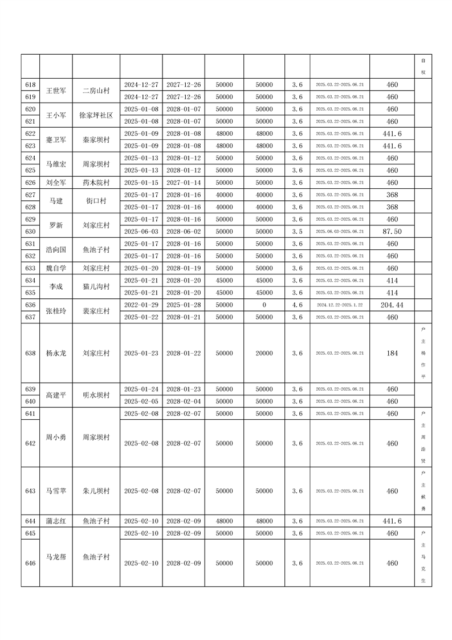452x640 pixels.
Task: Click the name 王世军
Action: point(56,91)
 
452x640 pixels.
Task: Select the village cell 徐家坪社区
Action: point(96,115)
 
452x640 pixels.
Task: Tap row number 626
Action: point(31,183)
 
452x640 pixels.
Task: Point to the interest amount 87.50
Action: point(392,232)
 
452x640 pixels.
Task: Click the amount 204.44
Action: point(392,305)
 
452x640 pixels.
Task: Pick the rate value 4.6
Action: point(297,305)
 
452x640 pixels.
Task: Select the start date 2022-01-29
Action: point(141,305)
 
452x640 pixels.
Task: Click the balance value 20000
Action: point(264,353)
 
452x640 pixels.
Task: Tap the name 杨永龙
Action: point(56,353)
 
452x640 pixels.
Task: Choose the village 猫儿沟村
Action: point(96,286)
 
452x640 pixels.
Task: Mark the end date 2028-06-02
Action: point(184,232)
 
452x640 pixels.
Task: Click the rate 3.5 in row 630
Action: point(297,232)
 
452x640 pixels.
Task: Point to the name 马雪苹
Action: point(56,491)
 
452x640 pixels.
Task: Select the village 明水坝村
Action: point(96,395)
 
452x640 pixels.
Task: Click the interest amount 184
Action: point(392,353)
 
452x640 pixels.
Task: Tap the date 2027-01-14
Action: point(184,183)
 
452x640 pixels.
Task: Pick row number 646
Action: point(31,563)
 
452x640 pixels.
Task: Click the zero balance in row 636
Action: point(264,305)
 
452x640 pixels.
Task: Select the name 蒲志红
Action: point(56,521)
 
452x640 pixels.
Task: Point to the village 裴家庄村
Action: point(96,311)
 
